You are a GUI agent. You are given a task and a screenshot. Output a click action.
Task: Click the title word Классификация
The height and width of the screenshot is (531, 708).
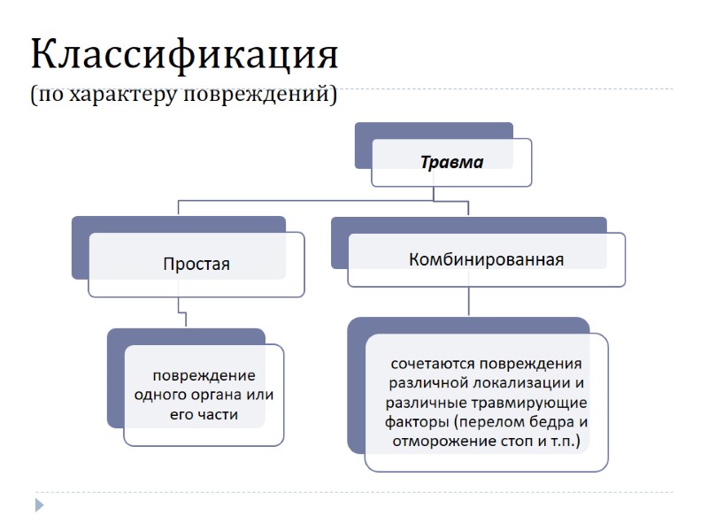click(184, 55)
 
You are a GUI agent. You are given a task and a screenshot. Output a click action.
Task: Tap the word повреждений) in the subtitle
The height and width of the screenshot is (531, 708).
click(261, 95)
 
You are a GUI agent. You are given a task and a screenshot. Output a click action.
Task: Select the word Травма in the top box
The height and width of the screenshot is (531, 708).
click(451, 162)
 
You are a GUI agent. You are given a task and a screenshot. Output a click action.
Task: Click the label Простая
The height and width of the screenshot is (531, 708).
click(196, 264)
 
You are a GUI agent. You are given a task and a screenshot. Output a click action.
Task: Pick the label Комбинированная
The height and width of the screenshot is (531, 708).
click(486, 259)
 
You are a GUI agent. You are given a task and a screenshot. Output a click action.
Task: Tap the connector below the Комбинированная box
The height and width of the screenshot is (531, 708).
click(468, 302)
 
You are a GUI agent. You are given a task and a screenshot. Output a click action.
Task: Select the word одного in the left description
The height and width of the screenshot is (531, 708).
click(158, 395)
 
